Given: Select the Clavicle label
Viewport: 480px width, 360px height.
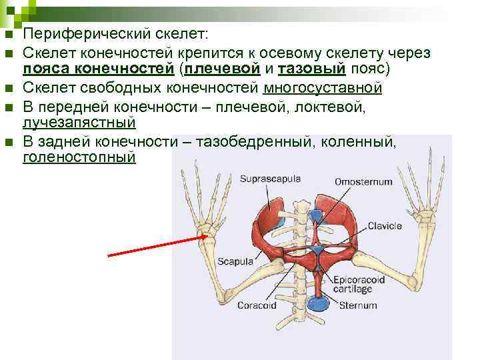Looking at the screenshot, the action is (x=385, y=226).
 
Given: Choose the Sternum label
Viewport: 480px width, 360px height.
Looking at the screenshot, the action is (x=358, y=306).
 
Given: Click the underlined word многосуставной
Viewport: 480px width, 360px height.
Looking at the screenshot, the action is (x=323, y=88).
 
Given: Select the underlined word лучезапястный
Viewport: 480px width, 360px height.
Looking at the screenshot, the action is (x=79, y=123).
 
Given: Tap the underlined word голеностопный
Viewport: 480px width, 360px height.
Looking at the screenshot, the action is (x=79, y=157).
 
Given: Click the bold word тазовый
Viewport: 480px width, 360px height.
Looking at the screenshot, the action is (x=306, y=69).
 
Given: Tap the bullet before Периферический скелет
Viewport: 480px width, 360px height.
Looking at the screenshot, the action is (x=7, y=35).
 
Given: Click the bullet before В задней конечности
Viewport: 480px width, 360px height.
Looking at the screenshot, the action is (x=7, y=141).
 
